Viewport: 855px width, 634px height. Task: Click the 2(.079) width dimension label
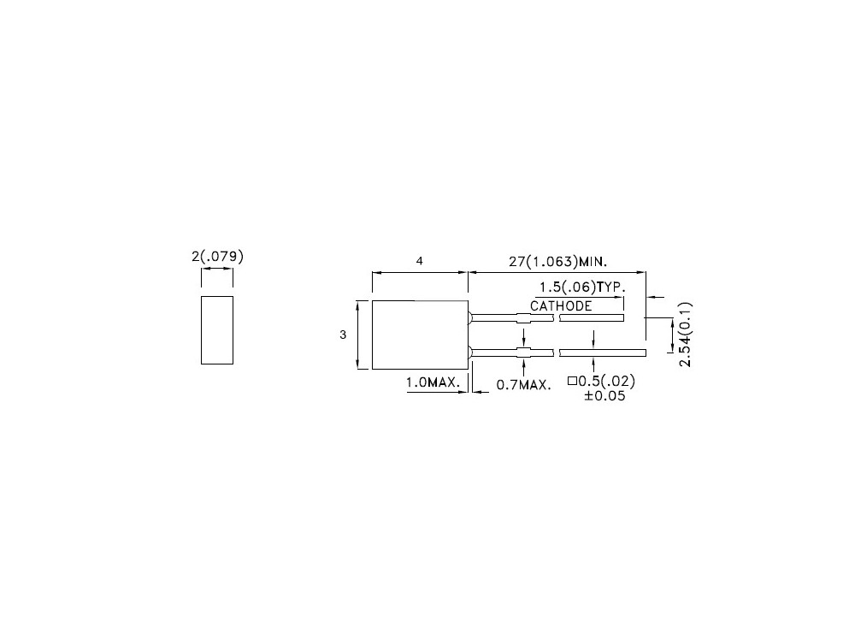(x=216, y=255)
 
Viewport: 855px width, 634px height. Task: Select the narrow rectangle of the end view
(x=216, y=329)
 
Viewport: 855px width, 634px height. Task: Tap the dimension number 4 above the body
(x=420, y=261)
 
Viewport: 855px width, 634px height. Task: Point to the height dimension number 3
(x=343, y=335)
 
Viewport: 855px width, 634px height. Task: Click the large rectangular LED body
(x=420, y=335)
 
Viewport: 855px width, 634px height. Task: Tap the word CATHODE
(x=561, y=305)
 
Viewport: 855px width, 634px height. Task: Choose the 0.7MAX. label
(x=522, y=386)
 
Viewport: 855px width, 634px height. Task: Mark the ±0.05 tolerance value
(x=604, y=397)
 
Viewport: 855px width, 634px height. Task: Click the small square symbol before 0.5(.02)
(x=572, y=382)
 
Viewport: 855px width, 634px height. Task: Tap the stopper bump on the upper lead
(x=522, y=318)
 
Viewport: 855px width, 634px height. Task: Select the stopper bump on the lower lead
(x=522, y=352)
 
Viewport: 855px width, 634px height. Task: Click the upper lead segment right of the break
(x=591, y=318)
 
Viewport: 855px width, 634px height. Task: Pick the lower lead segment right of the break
(x=602, y=352)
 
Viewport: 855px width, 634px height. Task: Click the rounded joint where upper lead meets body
(x=471, y=318)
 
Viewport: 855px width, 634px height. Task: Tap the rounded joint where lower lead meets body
(x=471, y=352)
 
